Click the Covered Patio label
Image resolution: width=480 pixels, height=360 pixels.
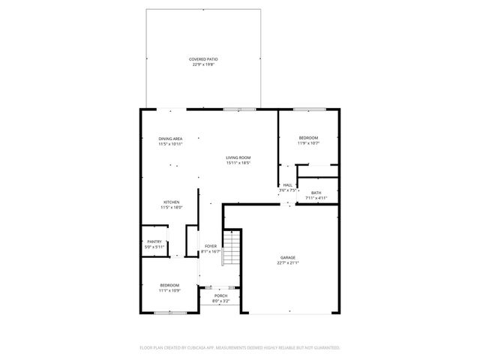coord(204,58)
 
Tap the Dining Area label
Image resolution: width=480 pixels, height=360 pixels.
coord(170,139)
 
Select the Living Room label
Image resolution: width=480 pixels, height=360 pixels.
coord(238,157)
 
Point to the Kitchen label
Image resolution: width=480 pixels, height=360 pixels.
coord(172,202)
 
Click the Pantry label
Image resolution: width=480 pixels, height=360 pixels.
coord(154,241)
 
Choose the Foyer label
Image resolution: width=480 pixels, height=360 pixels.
coord(211,246)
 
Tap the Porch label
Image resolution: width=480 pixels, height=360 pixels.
coord(220,295)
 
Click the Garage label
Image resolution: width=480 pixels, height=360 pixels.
coord(288,257)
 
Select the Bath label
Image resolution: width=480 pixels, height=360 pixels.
coord(316,193)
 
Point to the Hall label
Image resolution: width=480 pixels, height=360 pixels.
coord(288,185)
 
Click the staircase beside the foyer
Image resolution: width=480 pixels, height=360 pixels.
coord(232,250)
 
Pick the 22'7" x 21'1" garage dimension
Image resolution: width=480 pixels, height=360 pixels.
coord(288,263)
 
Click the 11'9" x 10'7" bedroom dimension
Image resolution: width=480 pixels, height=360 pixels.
coord(308,143)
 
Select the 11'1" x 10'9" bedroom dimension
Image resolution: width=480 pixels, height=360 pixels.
coord(169,290)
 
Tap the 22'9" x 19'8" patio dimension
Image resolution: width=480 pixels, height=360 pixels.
coord(204,64)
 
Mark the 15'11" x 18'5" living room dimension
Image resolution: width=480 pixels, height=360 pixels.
coord(238,163)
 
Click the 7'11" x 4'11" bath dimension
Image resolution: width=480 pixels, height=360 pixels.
coord(316,199)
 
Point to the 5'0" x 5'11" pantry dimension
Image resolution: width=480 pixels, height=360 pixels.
coord(154,247)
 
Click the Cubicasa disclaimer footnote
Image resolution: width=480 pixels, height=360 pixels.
coord(240,347)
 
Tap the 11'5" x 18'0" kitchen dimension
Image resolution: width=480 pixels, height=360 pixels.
coord(172,208)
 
